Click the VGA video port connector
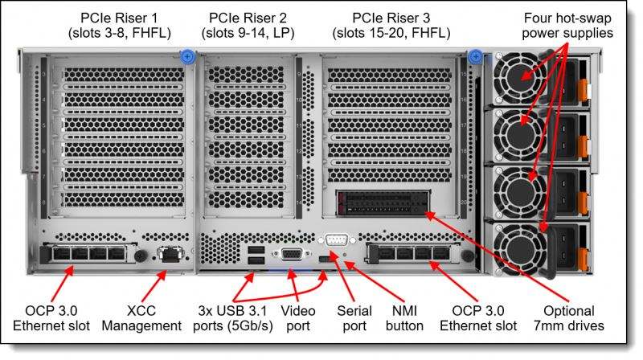(x=291, y=255)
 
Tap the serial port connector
(x=336, y=239)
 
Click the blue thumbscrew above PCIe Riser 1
(x=187, y=56)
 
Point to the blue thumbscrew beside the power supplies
(x=475, y=56)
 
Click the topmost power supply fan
(x=521, y=78)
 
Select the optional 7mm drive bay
(x=383, y=203)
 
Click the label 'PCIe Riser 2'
(x=248, y=18)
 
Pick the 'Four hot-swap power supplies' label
(x=567, y=26)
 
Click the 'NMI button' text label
(x=404, y=318)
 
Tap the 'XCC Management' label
(x=141, y=318)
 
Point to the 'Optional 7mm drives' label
(x=569, y=318)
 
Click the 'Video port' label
(x=297, y=318)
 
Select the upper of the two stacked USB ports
(x=256, y=250)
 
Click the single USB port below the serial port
(x=324, y=258)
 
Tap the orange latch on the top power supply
(x=584, y=90)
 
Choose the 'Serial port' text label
(x=354, y=318)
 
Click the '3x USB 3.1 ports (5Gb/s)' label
(x=233, y=318)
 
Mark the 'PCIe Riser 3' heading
(x=391, y=18)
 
